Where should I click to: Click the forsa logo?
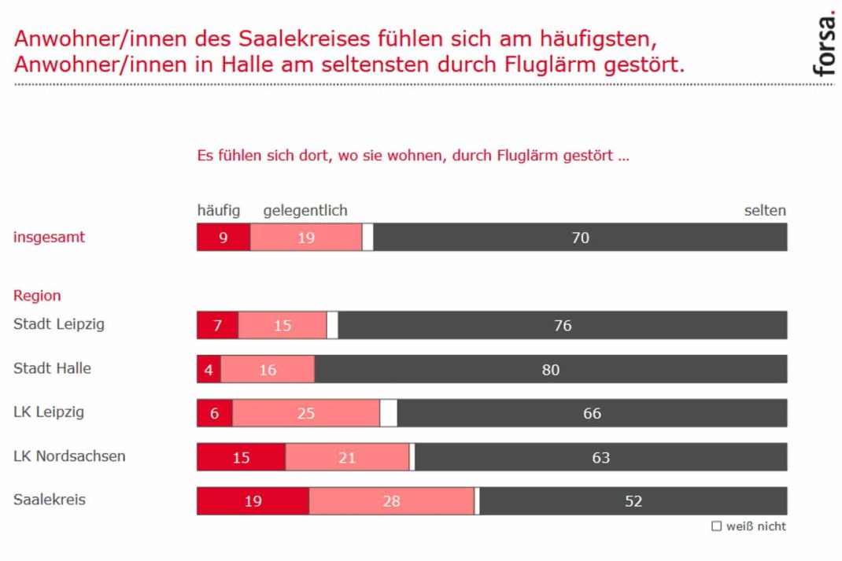click(x=823, y=46)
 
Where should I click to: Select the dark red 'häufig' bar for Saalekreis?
click(x=253, y=500)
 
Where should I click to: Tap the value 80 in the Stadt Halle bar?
click(x=551, y=369)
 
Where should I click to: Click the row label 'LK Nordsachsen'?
click(x=69, y=456)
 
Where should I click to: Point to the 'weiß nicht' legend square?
click(x=716, y=526)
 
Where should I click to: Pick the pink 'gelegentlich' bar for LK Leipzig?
click(x=306, y=413)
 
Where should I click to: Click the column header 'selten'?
click(x=765, y=211)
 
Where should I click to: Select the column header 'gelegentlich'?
click(x=305, y=211)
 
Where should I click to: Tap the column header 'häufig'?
click(x=219, y=211)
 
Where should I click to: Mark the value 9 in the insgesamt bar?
click(x=223, y=238)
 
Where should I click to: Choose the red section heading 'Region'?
click(x=37, y=296)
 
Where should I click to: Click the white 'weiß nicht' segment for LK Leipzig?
click(x=389, y=413)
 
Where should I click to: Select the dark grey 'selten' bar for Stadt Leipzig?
click(x=562, y=325)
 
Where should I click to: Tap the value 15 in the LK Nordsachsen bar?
click(x=241, y=457)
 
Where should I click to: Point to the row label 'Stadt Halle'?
click(x=52, y=368)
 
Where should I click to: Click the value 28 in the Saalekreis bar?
click(x=391, y=500)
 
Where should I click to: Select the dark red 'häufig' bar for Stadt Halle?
click(x=209, y=369)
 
